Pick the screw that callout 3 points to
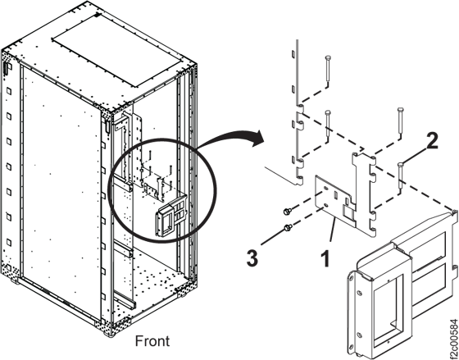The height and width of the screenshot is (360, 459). click(x=288, y=226)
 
